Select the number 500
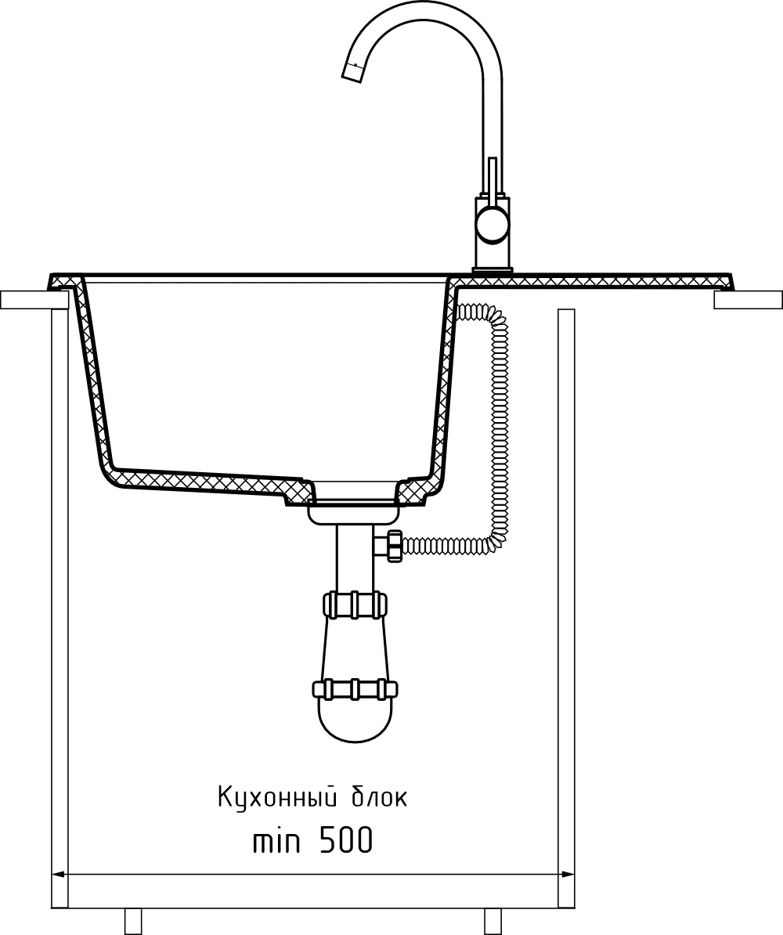[x=345, y=842]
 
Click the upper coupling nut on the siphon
[x=354, y=605]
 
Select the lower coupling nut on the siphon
[x=354, y=689]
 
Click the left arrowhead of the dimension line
[x=56, y=875]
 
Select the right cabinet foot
[x=492, y=922]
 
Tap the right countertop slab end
[x=748, y=300]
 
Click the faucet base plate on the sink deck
[x=492, y=271]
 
